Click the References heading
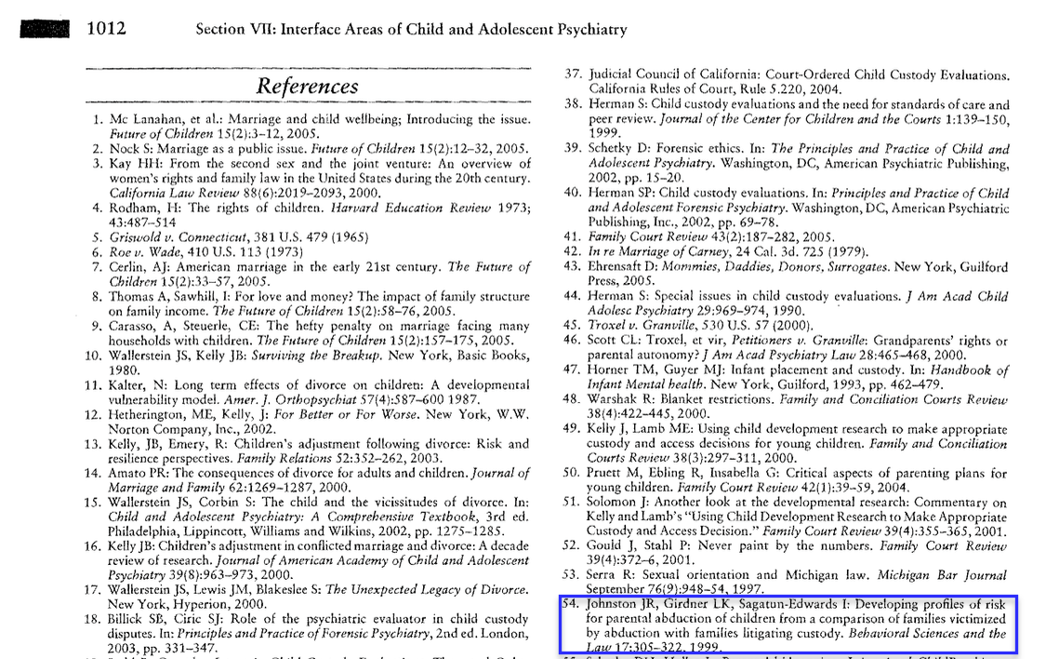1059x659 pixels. coord(307,86)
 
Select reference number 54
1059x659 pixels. coord(574,603)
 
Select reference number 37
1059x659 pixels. coord(574,74)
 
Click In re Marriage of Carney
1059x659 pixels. coord(660,252)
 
